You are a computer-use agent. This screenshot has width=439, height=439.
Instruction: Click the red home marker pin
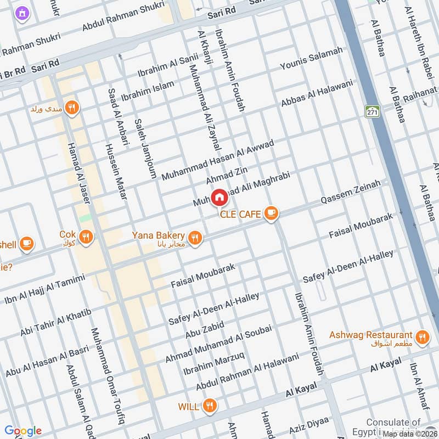click(x=219, y=197)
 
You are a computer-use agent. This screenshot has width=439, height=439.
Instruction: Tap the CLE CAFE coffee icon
click(x=271, y=213)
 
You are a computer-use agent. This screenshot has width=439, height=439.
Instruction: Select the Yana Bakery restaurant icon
click(x=194, y=238)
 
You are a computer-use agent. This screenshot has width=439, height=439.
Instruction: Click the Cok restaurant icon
click(x=85, y=237)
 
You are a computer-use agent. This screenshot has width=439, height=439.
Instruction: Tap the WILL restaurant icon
click(x=209, y=406)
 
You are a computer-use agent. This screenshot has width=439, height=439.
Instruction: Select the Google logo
click(x=22, y=431)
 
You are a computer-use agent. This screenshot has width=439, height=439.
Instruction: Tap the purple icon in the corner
click(x=21, y=12)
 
